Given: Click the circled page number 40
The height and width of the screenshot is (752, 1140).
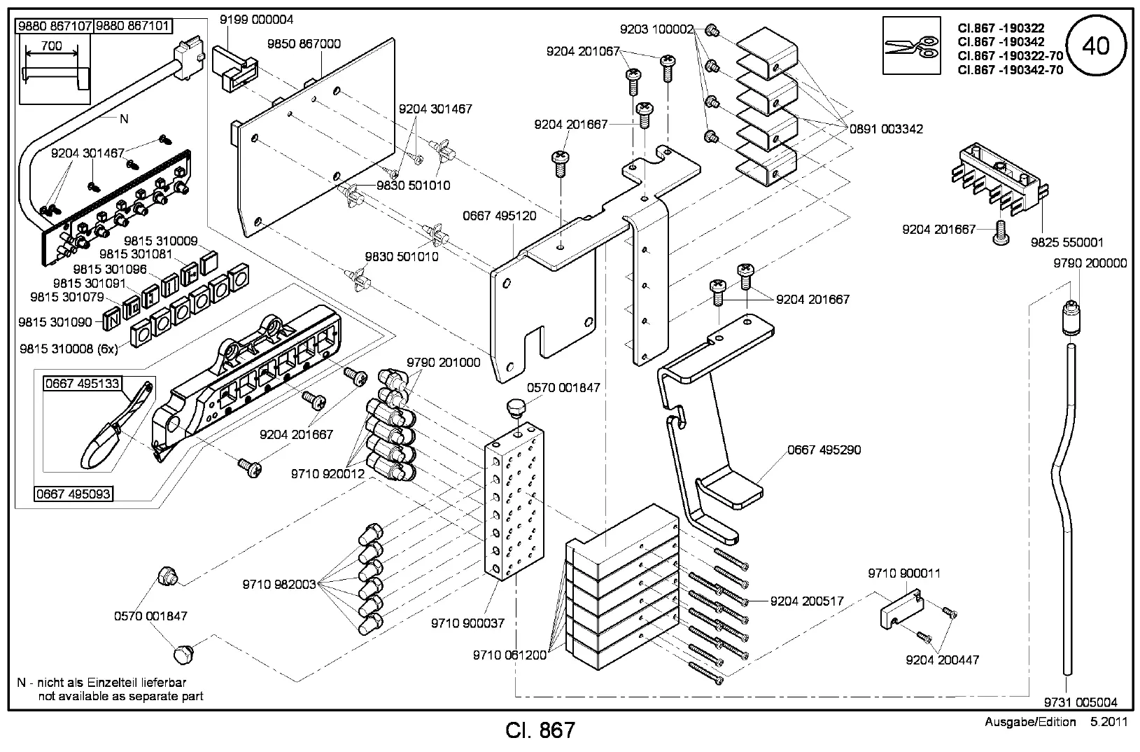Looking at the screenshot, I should (x=1095, y=46).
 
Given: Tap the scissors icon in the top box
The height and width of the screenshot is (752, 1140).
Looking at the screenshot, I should (x=910, y=47).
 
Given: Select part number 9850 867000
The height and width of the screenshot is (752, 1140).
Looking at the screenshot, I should (x=304, y=43).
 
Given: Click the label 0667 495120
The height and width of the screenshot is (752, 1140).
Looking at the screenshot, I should (x=500, y=216).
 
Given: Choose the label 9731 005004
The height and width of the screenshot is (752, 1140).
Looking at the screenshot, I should (x=1081, y=702).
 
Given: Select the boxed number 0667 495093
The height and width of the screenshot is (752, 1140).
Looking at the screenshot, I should (x=73, y=494).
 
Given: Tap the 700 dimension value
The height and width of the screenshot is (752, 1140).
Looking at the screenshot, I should (x=52, y=46).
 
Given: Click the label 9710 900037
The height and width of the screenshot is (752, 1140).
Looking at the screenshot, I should (x=467, y=622).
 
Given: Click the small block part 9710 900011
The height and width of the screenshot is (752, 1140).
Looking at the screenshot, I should (x=901, y=611).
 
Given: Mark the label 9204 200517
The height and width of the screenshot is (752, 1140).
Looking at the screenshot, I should (x=807, y=601).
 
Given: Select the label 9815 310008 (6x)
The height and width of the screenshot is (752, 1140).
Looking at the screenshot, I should (x=69, y=347).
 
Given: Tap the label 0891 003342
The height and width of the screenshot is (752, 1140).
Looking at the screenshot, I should (x=886, y=129).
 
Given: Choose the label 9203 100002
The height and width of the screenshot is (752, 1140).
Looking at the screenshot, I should (x=656, y=29).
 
